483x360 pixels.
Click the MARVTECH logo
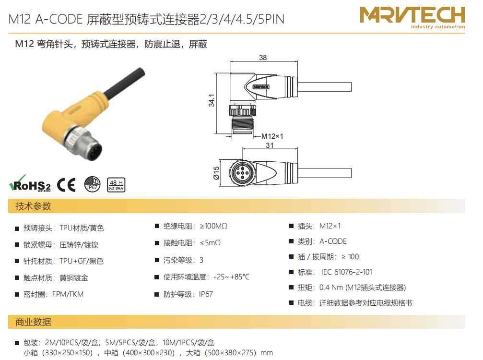click(x=412, y=18)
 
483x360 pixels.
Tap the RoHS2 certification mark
click(x=30, y=184)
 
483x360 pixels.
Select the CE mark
click(x=66, y=185)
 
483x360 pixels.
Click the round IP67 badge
click(x=93, y=184)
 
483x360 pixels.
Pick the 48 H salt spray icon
click(x=116, y=185)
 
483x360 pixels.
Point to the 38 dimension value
click(x=263, y=57)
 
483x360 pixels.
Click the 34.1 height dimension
click(x=212, y=100)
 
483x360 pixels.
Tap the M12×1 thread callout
click(x=272, y=136)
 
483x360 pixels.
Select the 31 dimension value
click(x=270, y=145)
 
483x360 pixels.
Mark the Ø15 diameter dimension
click(x=216, y=173)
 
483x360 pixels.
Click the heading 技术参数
click(x=33, y=206)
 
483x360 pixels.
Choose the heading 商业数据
click(x=33, y=322)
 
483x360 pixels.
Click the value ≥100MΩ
click(x=214, y=226)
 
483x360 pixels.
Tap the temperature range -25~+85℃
click(x=232, y=277)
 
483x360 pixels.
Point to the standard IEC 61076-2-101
click(x=346, y=272)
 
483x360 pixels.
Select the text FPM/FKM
click(x=68, y=294)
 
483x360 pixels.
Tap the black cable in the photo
click(x=124, y=83)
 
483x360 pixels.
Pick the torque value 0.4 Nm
click(x=331, y=287)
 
